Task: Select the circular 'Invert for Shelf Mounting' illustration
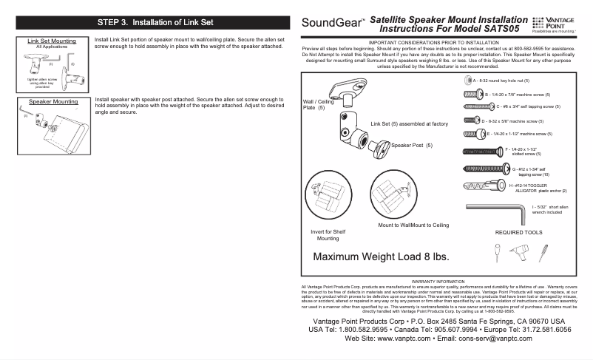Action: coord(327,196)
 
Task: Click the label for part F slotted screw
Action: coord(516,152)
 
